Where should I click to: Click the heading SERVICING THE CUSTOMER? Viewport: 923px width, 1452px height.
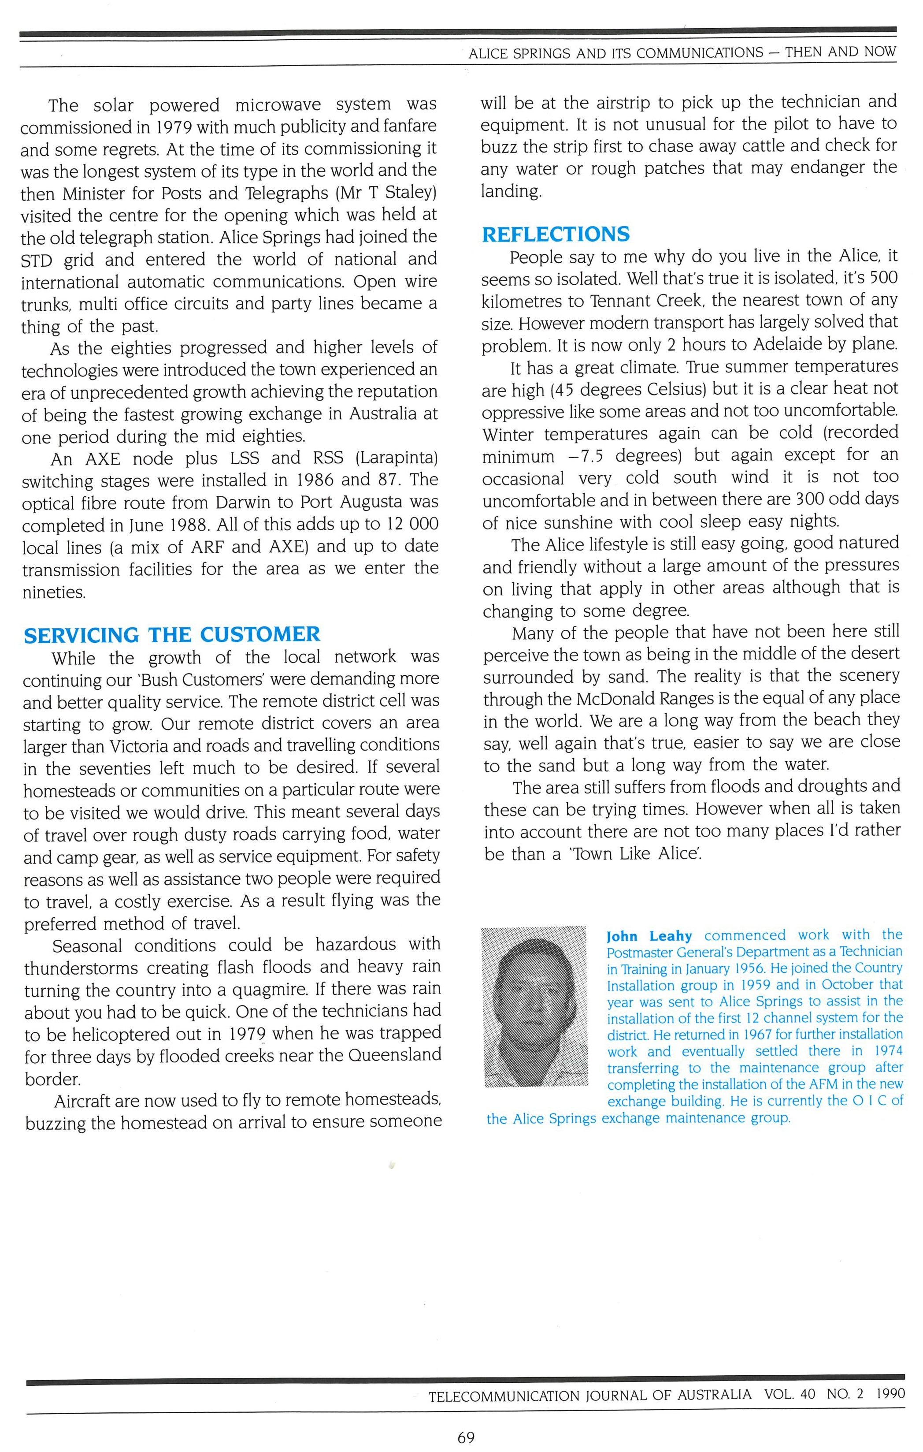tap(172, 635)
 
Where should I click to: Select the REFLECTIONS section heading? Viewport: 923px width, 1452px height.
tap(555, 234)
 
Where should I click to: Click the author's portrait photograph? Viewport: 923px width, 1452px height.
tap(535, 1006)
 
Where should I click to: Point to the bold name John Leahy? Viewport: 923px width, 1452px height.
tap(649, 936)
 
